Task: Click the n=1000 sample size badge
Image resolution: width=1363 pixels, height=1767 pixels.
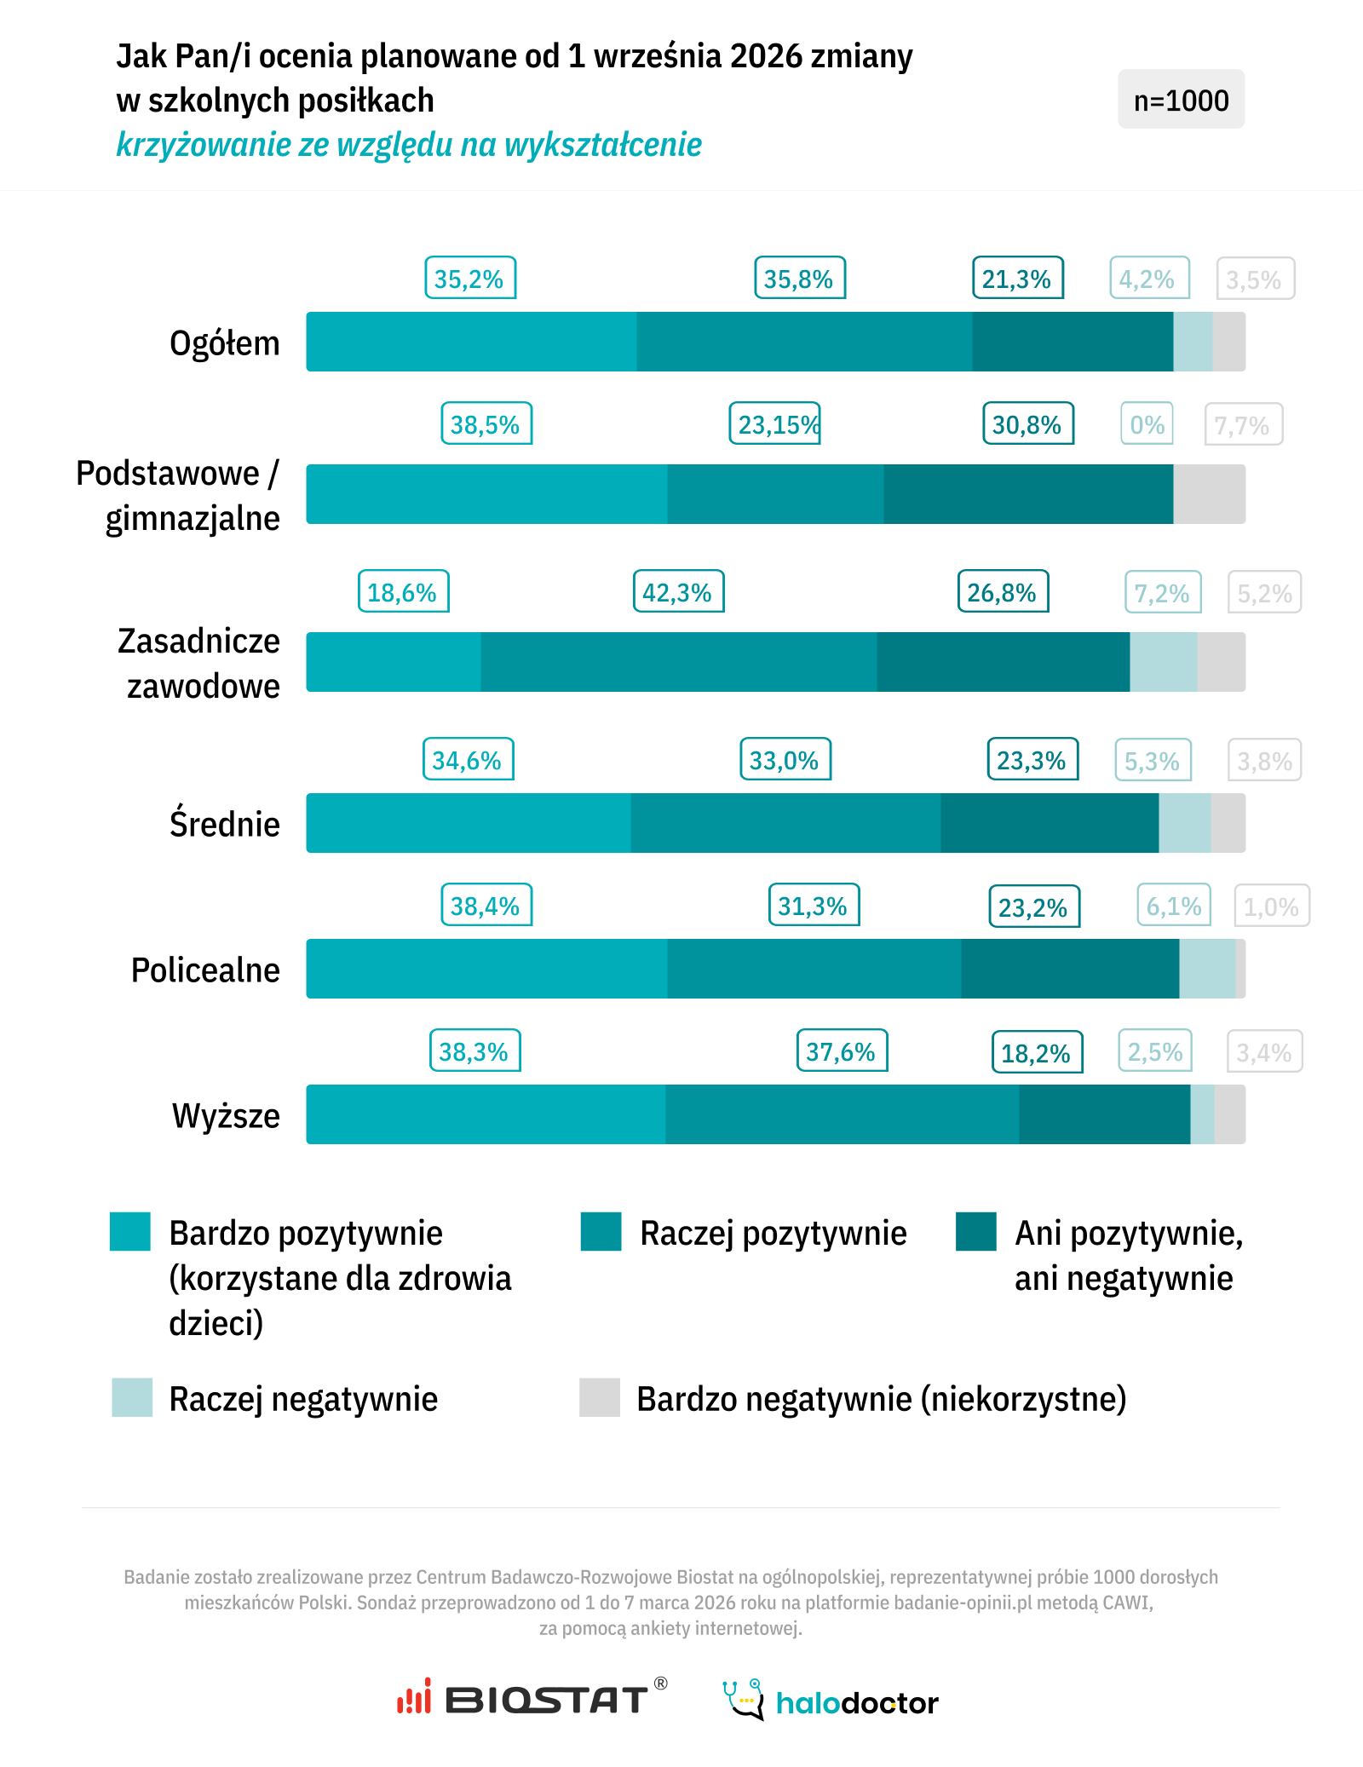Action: click(1181, 100)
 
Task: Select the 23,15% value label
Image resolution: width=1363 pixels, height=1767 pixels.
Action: click(775, 424)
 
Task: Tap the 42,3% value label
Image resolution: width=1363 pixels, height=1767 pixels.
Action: click(678, 592)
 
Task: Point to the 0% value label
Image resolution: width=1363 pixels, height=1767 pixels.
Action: click(1147, 424)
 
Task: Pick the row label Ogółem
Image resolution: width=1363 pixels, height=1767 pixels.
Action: click(225, 343)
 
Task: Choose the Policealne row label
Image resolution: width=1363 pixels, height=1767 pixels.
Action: click(205, 970)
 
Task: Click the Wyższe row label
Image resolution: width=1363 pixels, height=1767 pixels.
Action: click(226, 1115)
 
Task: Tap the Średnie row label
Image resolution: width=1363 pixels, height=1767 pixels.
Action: click(225, 824)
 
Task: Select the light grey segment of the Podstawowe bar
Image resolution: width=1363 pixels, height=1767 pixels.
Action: click(1209, 494)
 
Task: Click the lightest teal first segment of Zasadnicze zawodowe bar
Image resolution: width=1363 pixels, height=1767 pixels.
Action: click(394, 662)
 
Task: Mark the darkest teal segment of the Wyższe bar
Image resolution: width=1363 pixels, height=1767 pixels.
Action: click(1104, 1114)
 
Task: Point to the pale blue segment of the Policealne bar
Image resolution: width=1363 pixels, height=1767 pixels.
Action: click(1207, 969)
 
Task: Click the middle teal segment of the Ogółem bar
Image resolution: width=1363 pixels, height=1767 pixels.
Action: click(804, 342)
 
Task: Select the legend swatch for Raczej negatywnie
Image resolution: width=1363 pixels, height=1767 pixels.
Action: click(132, 1397)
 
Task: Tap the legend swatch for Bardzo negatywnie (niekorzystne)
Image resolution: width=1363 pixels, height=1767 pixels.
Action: click(600, 1397)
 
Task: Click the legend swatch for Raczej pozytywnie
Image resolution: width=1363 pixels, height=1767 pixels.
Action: click(601, 1232)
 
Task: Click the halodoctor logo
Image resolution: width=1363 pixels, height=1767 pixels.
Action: click(831, 1701)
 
